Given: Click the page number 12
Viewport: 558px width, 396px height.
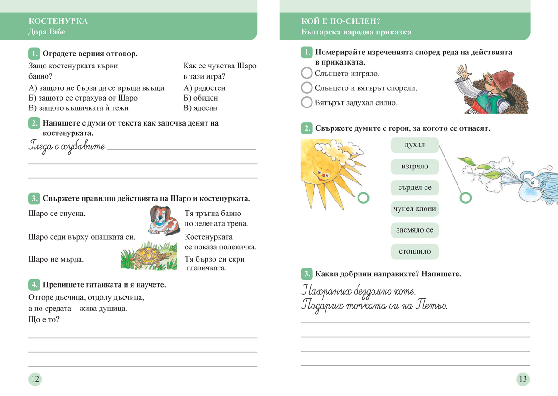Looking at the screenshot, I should coord(35,379).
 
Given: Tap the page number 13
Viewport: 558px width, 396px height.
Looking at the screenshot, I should coord(523,379).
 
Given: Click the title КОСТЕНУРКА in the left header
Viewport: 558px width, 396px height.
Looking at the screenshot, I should coord(58,21).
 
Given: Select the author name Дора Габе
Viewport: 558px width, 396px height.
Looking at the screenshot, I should coord(46,32).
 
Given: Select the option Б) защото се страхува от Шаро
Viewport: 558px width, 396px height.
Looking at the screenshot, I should coord(83,98).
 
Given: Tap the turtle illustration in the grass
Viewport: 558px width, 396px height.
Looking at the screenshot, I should coord(146,257).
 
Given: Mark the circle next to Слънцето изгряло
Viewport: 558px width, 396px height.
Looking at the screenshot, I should coord(306,74).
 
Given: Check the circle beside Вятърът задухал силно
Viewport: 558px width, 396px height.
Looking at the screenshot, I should coord(306,102).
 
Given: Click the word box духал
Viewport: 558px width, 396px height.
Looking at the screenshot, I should coord(415,145).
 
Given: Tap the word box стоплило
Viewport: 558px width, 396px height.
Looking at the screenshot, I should coord(415,251).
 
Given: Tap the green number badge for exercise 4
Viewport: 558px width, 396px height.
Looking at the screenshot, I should coord(34,284).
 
